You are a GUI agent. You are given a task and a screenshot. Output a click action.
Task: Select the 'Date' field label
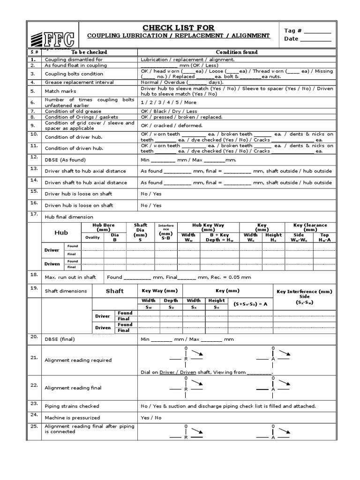[291, 39]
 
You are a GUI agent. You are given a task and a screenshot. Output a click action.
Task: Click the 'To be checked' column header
[89, 52]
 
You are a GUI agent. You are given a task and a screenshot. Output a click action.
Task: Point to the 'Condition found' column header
[236, 52]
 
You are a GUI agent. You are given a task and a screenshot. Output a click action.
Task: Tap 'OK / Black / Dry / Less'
[169, 112]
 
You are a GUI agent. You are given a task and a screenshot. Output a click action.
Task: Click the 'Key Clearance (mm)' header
[310, 227]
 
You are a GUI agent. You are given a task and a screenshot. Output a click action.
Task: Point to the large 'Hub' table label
[61, 232]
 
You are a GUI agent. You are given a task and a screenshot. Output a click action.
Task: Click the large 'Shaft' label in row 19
[114, 291]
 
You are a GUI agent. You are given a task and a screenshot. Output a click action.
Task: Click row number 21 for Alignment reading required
[33, 357]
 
